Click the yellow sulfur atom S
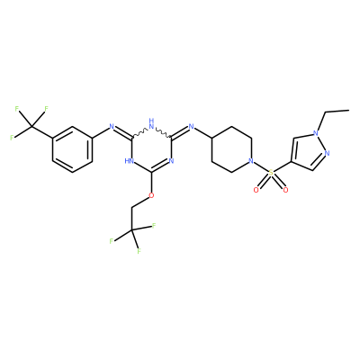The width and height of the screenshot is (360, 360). pos(271,173)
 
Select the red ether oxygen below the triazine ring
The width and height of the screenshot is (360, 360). pos(151,195)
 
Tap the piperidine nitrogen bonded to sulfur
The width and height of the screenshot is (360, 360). pos(251,161)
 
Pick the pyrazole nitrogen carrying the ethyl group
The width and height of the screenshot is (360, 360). pos(315,133)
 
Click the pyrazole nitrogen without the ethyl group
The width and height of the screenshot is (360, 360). pos(327,153)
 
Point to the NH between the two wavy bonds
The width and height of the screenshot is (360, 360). pos(151,123)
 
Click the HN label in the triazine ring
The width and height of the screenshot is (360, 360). pos(130,161)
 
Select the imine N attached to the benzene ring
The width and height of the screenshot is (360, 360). pos(112,127)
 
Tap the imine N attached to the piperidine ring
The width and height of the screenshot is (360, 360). pos(191,127)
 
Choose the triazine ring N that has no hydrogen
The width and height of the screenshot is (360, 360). pos(171,161)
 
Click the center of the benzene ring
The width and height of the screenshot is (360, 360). pos(72,149)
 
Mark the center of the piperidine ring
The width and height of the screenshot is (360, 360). pos(231,149)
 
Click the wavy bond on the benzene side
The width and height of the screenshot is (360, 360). pos(140,132)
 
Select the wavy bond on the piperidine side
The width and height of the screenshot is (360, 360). pos(163,132)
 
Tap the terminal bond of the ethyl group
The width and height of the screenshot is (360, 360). pos(337,112)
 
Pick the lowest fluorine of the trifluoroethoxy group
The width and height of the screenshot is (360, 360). pos(139,251)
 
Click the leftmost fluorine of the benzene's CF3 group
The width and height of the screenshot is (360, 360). pos(12,138)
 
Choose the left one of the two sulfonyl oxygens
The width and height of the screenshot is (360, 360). pos(256,190)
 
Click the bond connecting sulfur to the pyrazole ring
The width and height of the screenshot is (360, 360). pos(283,167)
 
